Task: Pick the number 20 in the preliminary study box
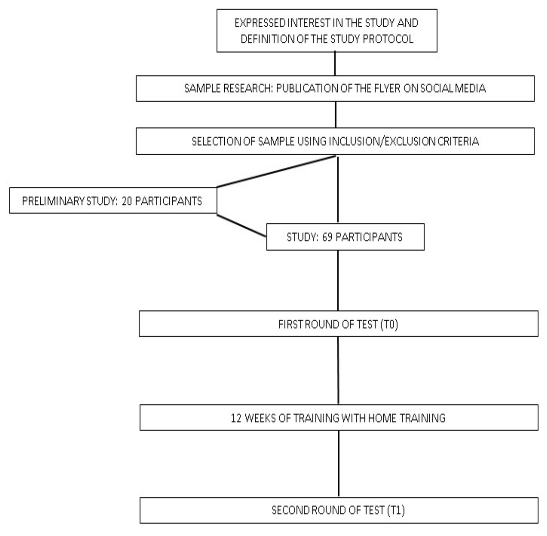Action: pyautogui.click(x=127, y=201)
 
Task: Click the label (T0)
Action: pyautogui.click(x=389, y=324)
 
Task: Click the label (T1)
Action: pyautogui.click(x=396, y=510)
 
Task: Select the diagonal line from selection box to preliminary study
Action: pyautogui.click(x=276, y=171)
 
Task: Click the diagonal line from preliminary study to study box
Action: pyautogui.click(x=241, y=225)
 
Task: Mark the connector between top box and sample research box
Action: pyautogui.click(x=335, y=64)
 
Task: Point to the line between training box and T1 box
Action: pyautogui.click(x=339, y=464)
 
